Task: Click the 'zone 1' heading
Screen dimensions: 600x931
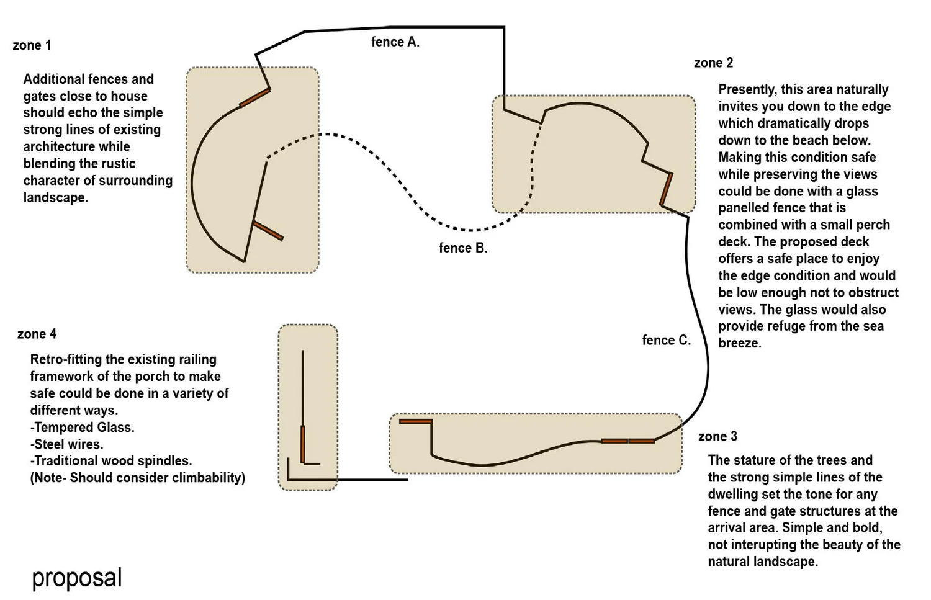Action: [32, 45]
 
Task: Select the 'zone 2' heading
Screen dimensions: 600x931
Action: [713, 63]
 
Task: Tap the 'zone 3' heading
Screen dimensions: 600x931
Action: [717, 436]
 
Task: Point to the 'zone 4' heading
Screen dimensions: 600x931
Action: [37, 334]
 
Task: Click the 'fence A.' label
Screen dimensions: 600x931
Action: [395, 42]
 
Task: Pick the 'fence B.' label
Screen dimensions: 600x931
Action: [463, 248]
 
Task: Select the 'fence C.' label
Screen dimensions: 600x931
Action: [666, 340]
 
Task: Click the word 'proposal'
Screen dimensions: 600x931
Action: [77, 578]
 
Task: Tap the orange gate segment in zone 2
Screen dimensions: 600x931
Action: [666, 189]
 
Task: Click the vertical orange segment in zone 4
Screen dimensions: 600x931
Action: [303, 444]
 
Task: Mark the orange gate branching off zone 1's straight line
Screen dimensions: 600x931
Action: [268, 230]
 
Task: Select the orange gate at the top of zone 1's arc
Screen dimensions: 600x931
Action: [254, 98]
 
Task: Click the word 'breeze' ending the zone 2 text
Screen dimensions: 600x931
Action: [739, 343]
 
